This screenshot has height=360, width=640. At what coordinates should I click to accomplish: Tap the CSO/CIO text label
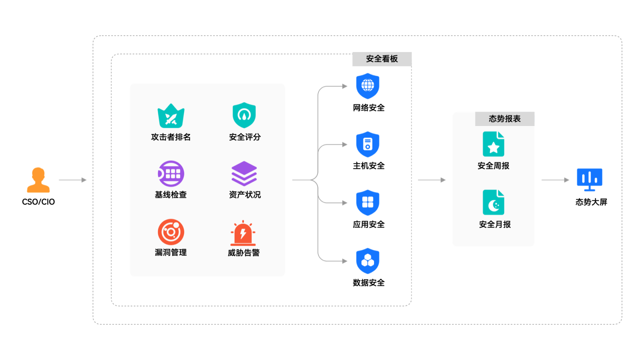(x=38, y=202)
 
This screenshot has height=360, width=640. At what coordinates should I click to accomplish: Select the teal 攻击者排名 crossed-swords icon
(x=171, y=116)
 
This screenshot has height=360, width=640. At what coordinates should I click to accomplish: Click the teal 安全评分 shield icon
(x=244, y=115)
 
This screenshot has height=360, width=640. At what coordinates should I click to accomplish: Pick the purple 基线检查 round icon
(x=171, y=174)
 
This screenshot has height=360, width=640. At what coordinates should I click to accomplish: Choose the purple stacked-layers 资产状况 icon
(x=244, y=174)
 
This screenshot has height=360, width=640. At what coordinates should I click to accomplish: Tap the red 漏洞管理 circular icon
(x=171, y=232)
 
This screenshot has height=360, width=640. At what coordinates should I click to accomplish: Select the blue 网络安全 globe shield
(x=368, y=86)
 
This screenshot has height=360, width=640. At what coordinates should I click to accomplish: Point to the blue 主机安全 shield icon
(x=368, y=144)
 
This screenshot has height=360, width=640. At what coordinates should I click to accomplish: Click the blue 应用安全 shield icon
(x=368, y=202)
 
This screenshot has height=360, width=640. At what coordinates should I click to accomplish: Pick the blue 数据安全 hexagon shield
(x=368, y=261)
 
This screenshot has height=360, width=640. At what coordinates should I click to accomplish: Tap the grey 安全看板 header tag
(x=382, y=59)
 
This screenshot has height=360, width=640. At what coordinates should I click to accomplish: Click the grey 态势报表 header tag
(x=504, y=119)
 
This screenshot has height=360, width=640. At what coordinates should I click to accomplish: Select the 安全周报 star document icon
(x=493, y=144)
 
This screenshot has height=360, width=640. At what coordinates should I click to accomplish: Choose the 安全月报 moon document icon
(x=493, y=202)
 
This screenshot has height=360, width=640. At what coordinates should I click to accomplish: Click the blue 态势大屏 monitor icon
(x=589, y=179)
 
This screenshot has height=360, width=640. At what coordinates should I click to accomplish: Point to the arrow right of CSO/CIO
(x=72, y=180)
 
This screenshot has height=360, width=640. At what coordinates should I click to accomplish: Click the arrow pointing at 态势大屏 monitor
(x=555, y=180)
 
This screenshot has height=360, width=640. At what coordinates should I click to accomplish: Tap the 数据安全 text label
(x=368, y=283)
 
